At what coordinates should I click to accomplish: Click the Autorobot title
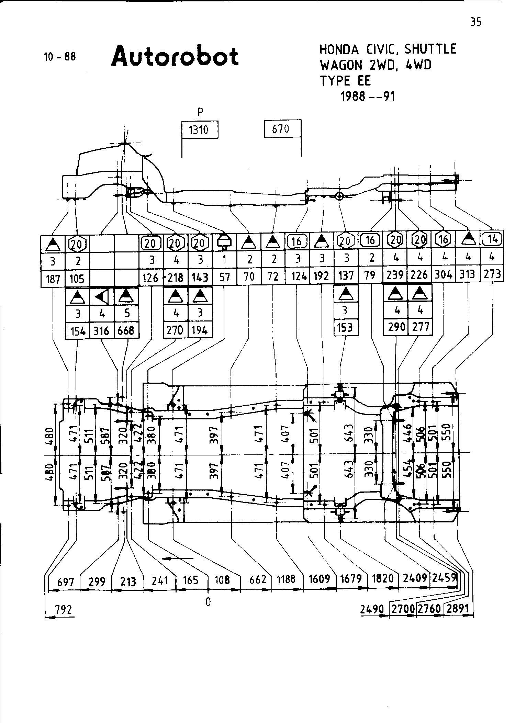(175, 57)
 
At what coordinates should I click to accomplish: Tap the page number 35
(476, 22)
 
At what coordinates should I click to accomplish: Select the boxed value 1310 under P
(199, 130)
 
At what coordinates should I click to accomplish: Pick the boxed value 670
(281, 129)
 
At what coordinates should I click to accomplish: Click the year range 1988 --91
(368, 97)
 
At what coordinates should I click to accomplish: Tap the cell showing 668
(126, 331)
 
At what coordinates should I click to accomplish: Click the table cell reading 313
(467, 274)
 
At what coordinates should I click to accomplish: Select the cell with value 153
(345, 327)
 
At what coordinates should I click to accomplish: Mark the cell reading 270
(175, 330)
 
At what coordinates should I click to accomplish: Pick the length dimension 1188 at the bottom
(286, 579)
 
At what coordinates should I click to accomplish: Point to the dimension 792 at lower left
(64, 610)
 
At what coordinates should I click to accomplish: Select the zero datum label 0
(208, 602)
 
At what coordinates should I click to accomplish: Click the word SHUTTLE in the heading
(430, 49)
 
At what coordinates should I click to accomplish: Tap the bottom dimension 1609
(320, 579)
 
